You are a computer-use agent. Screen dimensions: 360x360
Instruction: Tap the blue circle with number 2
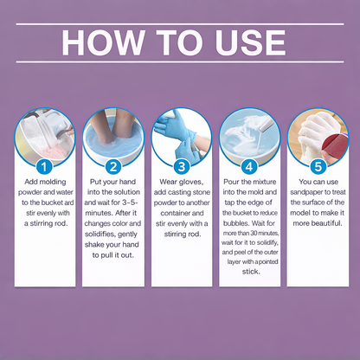coord(112,166)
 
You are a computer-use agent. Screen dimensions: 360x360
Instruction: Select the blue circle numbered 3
coord(180,166)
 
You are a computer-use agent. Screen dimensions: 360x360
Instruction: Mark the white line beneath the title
coord(180,71)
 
